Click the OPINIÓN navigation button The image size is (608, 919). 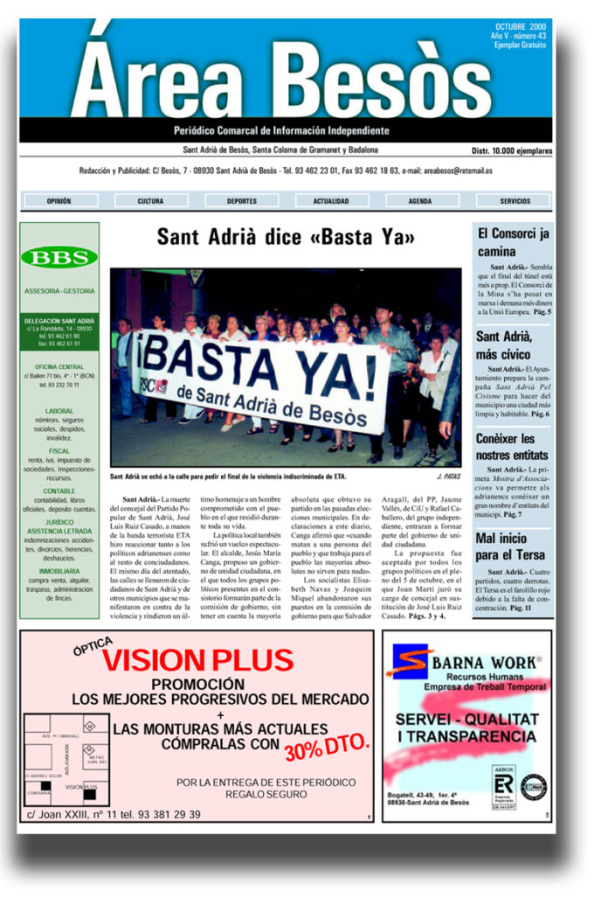click(59, 200)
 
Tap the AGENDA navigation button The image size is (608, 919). click(420, 200)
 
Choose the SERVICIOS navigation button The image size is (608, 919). click(515, 200)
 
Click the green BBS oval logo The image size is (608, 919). click(59, 257)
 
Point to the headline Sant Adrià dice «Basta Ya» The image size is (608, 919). click(286, 237)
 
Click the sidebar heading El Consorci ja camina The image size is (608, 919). click(513, 242)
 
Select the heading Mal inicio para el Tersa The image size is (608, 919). click(510, 547)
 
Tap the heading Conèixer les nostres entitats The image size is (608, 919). click(512, 447)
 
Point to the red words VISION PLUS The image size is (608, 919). click(197, 660)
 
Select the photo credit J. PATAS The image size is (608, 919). click(447, 477)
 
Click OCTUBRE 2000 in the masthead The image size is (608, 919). click(521, 26)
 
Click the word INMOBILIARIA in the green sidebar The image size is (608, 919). click(59, 571)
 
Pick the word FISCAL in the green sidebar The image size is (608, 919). click(59, 451)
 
